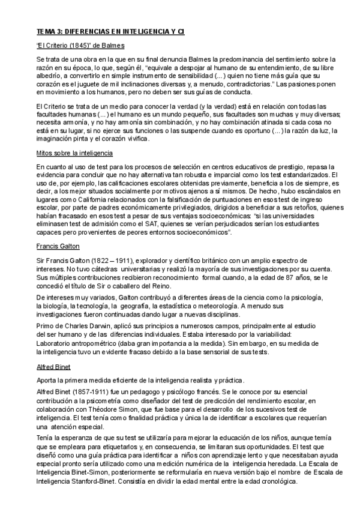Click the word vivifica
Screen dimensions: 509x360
point(134,137)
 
